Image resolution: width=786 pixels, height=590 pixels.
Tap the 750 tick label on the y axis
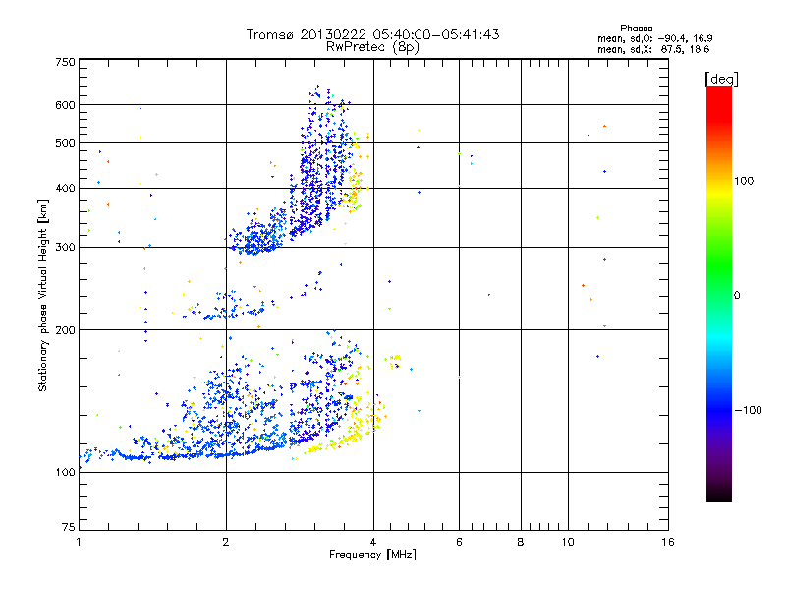65,62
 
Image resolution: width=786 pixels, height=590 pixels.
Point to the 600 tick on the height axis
65,105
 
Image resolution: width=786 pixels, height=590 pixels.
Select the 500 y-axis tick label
65,143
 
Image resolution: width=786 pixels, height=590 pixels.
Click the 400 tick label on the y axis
65,189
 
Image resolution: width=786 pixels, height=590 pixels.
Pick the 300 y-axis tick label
65,247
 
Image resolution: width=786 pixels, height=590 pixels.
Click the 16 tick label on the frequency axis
667,542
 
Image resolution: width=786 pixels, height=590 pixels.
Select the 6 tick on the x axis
459,542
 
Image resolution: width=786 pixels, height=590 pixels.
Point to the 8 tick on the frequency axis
521,542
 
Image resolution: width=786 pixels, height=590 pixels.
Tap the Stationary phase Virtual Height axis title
43,296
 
